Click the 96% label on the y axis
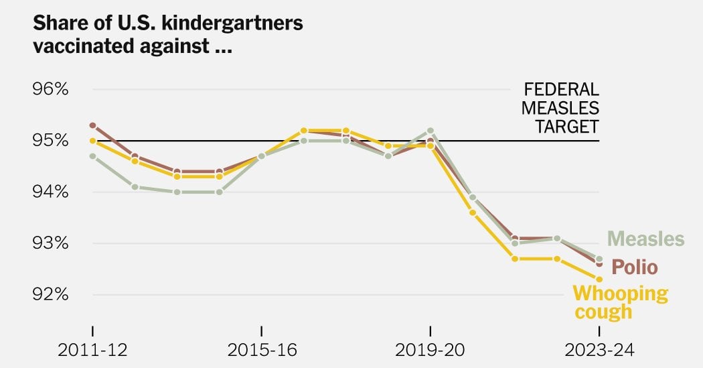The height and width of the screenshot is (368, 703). click(50, 89)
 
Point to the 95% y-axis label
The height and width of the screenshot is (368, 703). click(50, 141)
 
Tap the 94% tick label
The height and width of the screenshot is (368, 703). click(50, 192)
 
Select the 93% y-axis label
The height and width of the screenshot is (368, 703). click(50, 243)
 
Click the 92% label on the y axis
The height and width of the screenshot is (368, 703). click(50, 295)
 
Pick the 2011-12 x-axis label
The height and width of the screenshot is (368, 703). click(92, 350)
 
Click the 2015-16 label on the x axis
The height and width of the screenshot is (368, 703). click(262, 350)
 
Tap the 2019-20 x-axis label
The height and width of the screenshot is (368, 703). click(430, 350)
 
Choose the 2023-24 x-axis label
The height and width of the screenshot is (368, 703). click(599, 350)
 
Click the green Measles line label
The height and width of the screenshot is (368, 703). click(645, 239)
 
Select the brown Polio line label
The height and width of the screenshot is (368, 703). click(635, 267)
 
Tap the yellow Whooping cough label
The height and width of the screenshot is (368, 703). click(620, 302)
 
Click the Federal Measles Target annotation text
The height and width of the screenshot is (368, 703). click(560, 108)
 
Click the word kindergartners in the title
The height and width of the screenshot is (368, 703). click(232, 23)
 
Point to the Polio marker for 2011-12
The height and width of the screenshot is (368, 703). click(93, 125)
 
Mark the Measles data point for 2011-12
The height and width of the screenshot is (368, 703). click(93, 156)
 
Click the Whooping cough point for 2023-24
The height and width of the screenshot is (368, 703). click(599, 279)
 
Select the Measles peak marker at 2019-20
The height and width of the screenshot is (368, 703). click(431, 131)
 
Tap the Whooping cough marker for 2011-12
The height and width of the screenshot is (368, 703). click(93, 141)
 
